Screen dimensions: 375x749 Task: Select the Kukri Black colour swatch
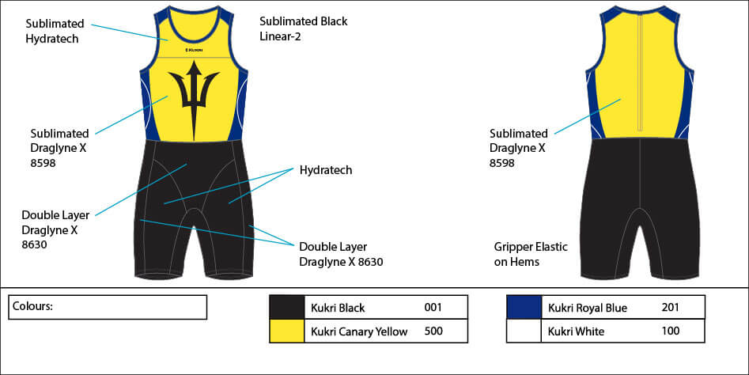(x=287, y=307)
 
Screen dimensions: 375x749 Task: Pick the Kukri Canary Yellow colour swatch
(x=287, y=331)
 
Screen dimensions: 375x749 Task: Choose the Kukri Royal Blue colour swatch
(x=524, y=307)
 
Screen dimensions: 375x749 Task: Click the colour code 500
(x=433, y=331)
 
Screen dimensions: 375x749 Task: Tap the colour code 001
(x=433, y=307)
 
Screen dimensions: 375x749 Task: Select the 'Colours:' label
(x=32, y=306)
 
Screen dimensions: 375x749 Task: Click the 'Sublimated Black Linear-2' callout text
(x=303, y=28)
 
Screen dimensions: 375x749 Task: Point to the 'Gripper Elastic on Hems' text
(x=530, y=254)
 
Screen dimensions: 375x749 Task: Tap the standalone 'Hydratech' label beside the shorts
(x=325, y=170)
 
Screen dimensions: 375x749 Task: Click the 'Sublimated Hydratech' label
(x=52, y=31)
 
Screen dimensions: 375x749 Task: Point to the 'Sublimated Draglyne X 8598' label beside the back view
(x=518, y=148)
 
